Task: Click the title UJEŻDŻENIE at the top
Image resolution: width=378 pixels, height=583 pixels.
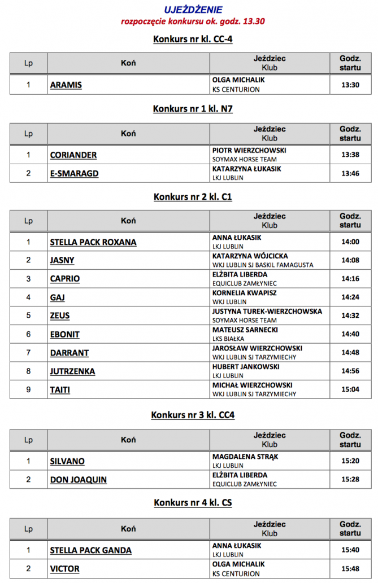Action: coord(193,10)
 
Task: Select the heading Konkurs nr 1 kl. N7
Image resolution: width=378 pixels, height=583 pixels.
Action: coord(193,109)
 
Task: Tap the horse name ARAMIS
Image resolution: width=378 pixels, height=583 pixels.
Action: coord(66,85)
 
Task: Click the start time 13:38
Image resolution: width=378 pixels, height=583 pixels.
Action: coord(350,155)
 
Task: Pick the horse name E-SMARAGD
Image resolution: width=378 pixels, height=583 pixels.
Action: coord(74,174)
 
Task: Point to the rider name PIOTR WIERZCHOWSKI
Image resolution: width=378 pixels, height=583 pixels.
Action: coord(249,151)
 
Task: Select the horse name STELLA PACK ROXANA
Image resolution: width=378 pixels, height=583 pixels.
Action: coord(93,243)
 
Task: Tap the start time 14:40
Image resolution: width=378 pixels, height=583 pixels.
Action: coord(350,334)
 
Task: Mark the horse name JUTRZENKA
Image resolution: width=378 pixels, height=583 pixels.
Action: coord(72,371)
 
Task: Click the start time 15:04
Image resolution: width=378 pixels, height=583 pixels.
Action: coord(350,389)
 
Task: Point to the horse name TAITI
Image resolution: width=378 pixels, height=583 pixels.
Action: coord(60,390)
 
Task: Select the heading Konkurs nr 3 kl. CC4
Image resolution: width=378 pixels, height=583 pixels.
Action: coord(193,415)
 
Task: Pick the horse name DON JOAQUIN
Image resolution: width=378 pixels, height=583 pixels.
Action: coord(78,480)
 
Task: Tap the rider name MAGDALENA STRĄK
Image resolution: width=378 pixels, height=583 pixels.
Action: coord(245,457)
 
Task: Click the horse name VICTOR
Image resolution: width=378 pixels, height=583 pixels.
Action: coord(64,569)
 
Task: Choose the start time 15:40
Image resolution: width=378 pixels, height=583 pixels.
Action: coord(350,550)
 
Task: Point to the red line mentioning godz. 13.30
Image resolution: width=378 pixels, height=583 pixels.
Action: coord(193,21)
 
